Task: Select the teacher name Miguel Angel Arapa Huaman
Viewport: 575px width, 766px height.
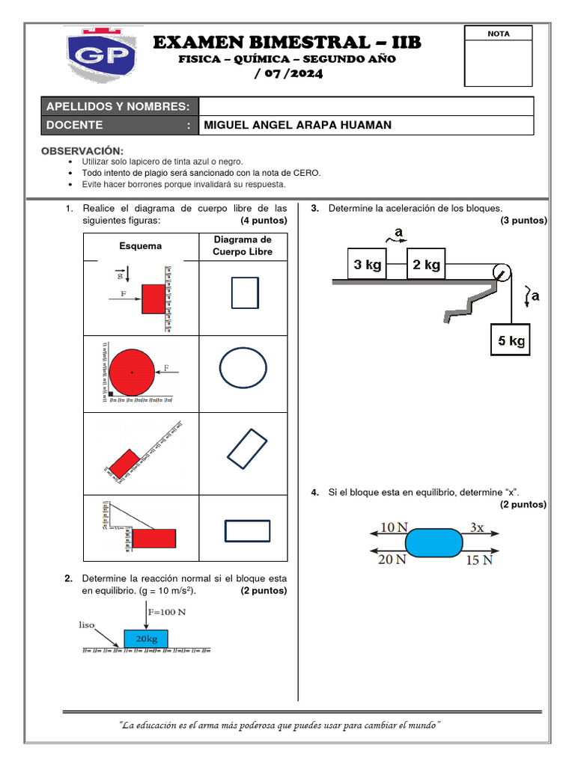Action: [x=298, y=125]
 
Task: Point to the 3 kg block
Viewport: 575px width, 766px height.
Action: [x=368, y=264]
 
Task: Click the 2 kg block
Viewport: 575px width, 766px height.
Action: [x=423, y=264]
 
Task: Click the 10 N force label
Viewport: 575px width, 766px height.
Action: [x=394, y=527]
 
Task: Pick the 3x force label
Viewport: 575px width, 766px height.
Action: [x=476, y=527]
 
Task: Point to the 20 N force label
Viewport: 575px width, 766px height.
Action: [x=392, y=559]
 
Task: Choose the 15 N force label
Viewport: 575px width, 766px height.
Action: [x=479, y=559]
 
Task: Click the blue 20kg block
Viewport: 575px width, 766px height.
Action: [x=146, y=638]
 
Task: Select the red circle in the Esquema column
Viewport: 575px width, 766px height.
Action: [x=132, y=371]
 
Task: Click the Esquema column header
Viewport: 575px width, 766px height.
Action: [x=140, y=246]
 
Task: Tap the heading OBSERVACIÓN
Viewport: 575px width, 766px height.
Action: [x=82, y=150]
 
